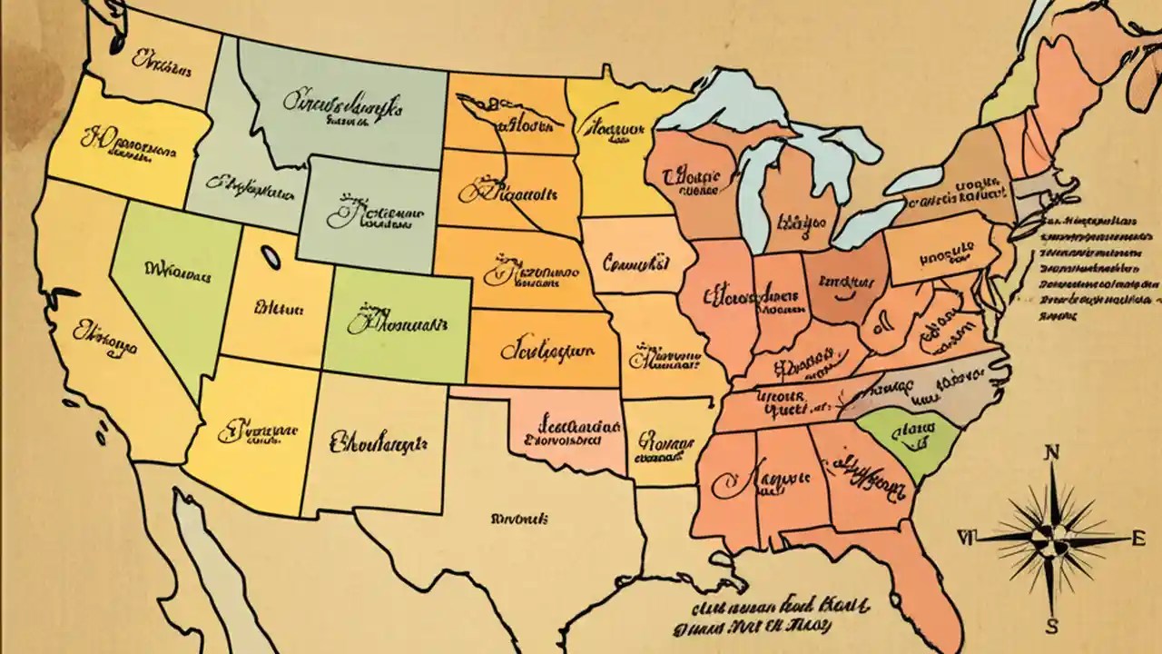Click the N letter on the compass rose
[1052, 451]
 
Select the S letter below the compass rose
[1051, 627]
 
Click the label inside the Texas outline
[519, 519]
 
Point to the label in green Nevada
[177, 270]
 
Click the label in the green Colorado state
[398, 322]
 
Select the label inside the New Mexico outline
[377, 442]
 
